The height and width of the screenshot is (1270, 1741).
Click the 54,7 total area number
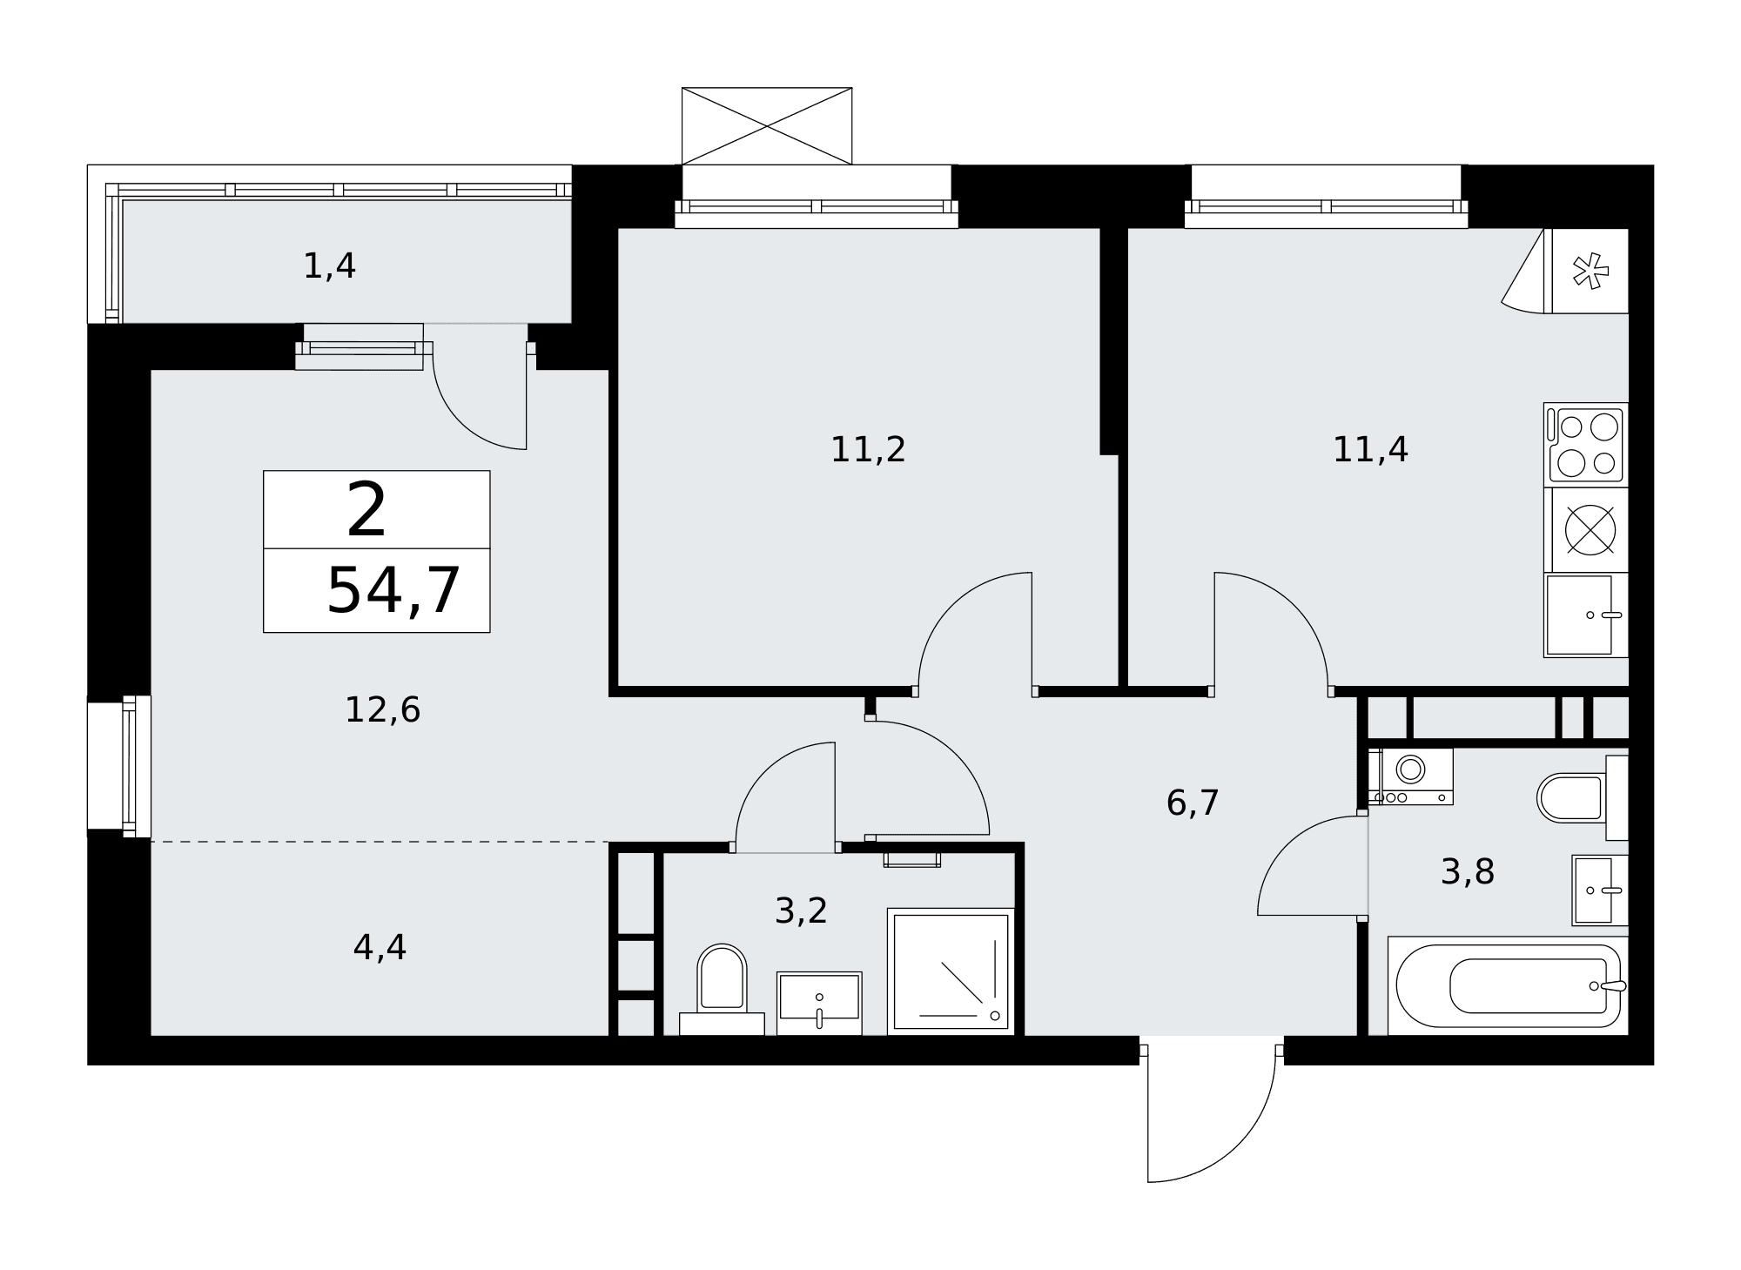[393, 591]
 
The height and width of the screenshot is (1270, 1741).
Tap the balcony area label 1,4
[329, 266]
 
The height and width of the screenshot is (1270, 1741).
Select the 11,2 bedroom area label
[868, 450]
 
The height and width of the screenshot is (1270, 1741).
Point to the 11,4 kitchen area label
[1370, 450]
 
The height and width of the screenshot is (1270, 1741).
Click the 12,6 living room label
[383, 710]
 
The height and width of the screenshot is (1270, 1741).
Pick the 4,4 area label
[380, 948]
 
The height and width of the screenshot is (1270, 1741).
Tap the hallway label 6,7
[1193, 803]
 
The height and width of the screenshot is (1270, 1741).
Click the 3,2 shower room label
[801, 911]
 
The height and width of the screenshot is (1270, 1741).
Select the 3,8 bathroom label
[1468, 872]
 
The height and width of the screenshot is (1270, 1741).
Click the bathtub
[1508, 986]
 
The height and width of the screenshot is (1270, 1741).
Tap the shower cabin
[951, 971]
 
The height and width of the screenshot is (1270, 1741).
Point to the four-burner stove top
[1585, 443]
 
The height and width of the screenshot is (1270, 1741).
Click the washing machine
[1410, 776]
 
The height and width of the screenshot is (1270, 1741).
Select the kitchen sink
[1585, 615]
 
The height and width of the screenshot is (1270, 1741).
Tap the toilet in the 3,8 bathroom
[1583, 797]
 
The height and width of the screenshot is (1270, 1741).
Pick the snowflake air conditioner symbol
[1590, 270]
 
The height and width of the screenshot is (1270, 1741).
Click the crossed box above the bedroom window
[767, 125]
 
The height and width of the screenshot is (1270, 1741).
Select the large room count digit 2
[366, 511]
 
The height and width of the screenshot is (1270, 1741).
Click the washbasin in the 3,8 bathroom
[1600, 890]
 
